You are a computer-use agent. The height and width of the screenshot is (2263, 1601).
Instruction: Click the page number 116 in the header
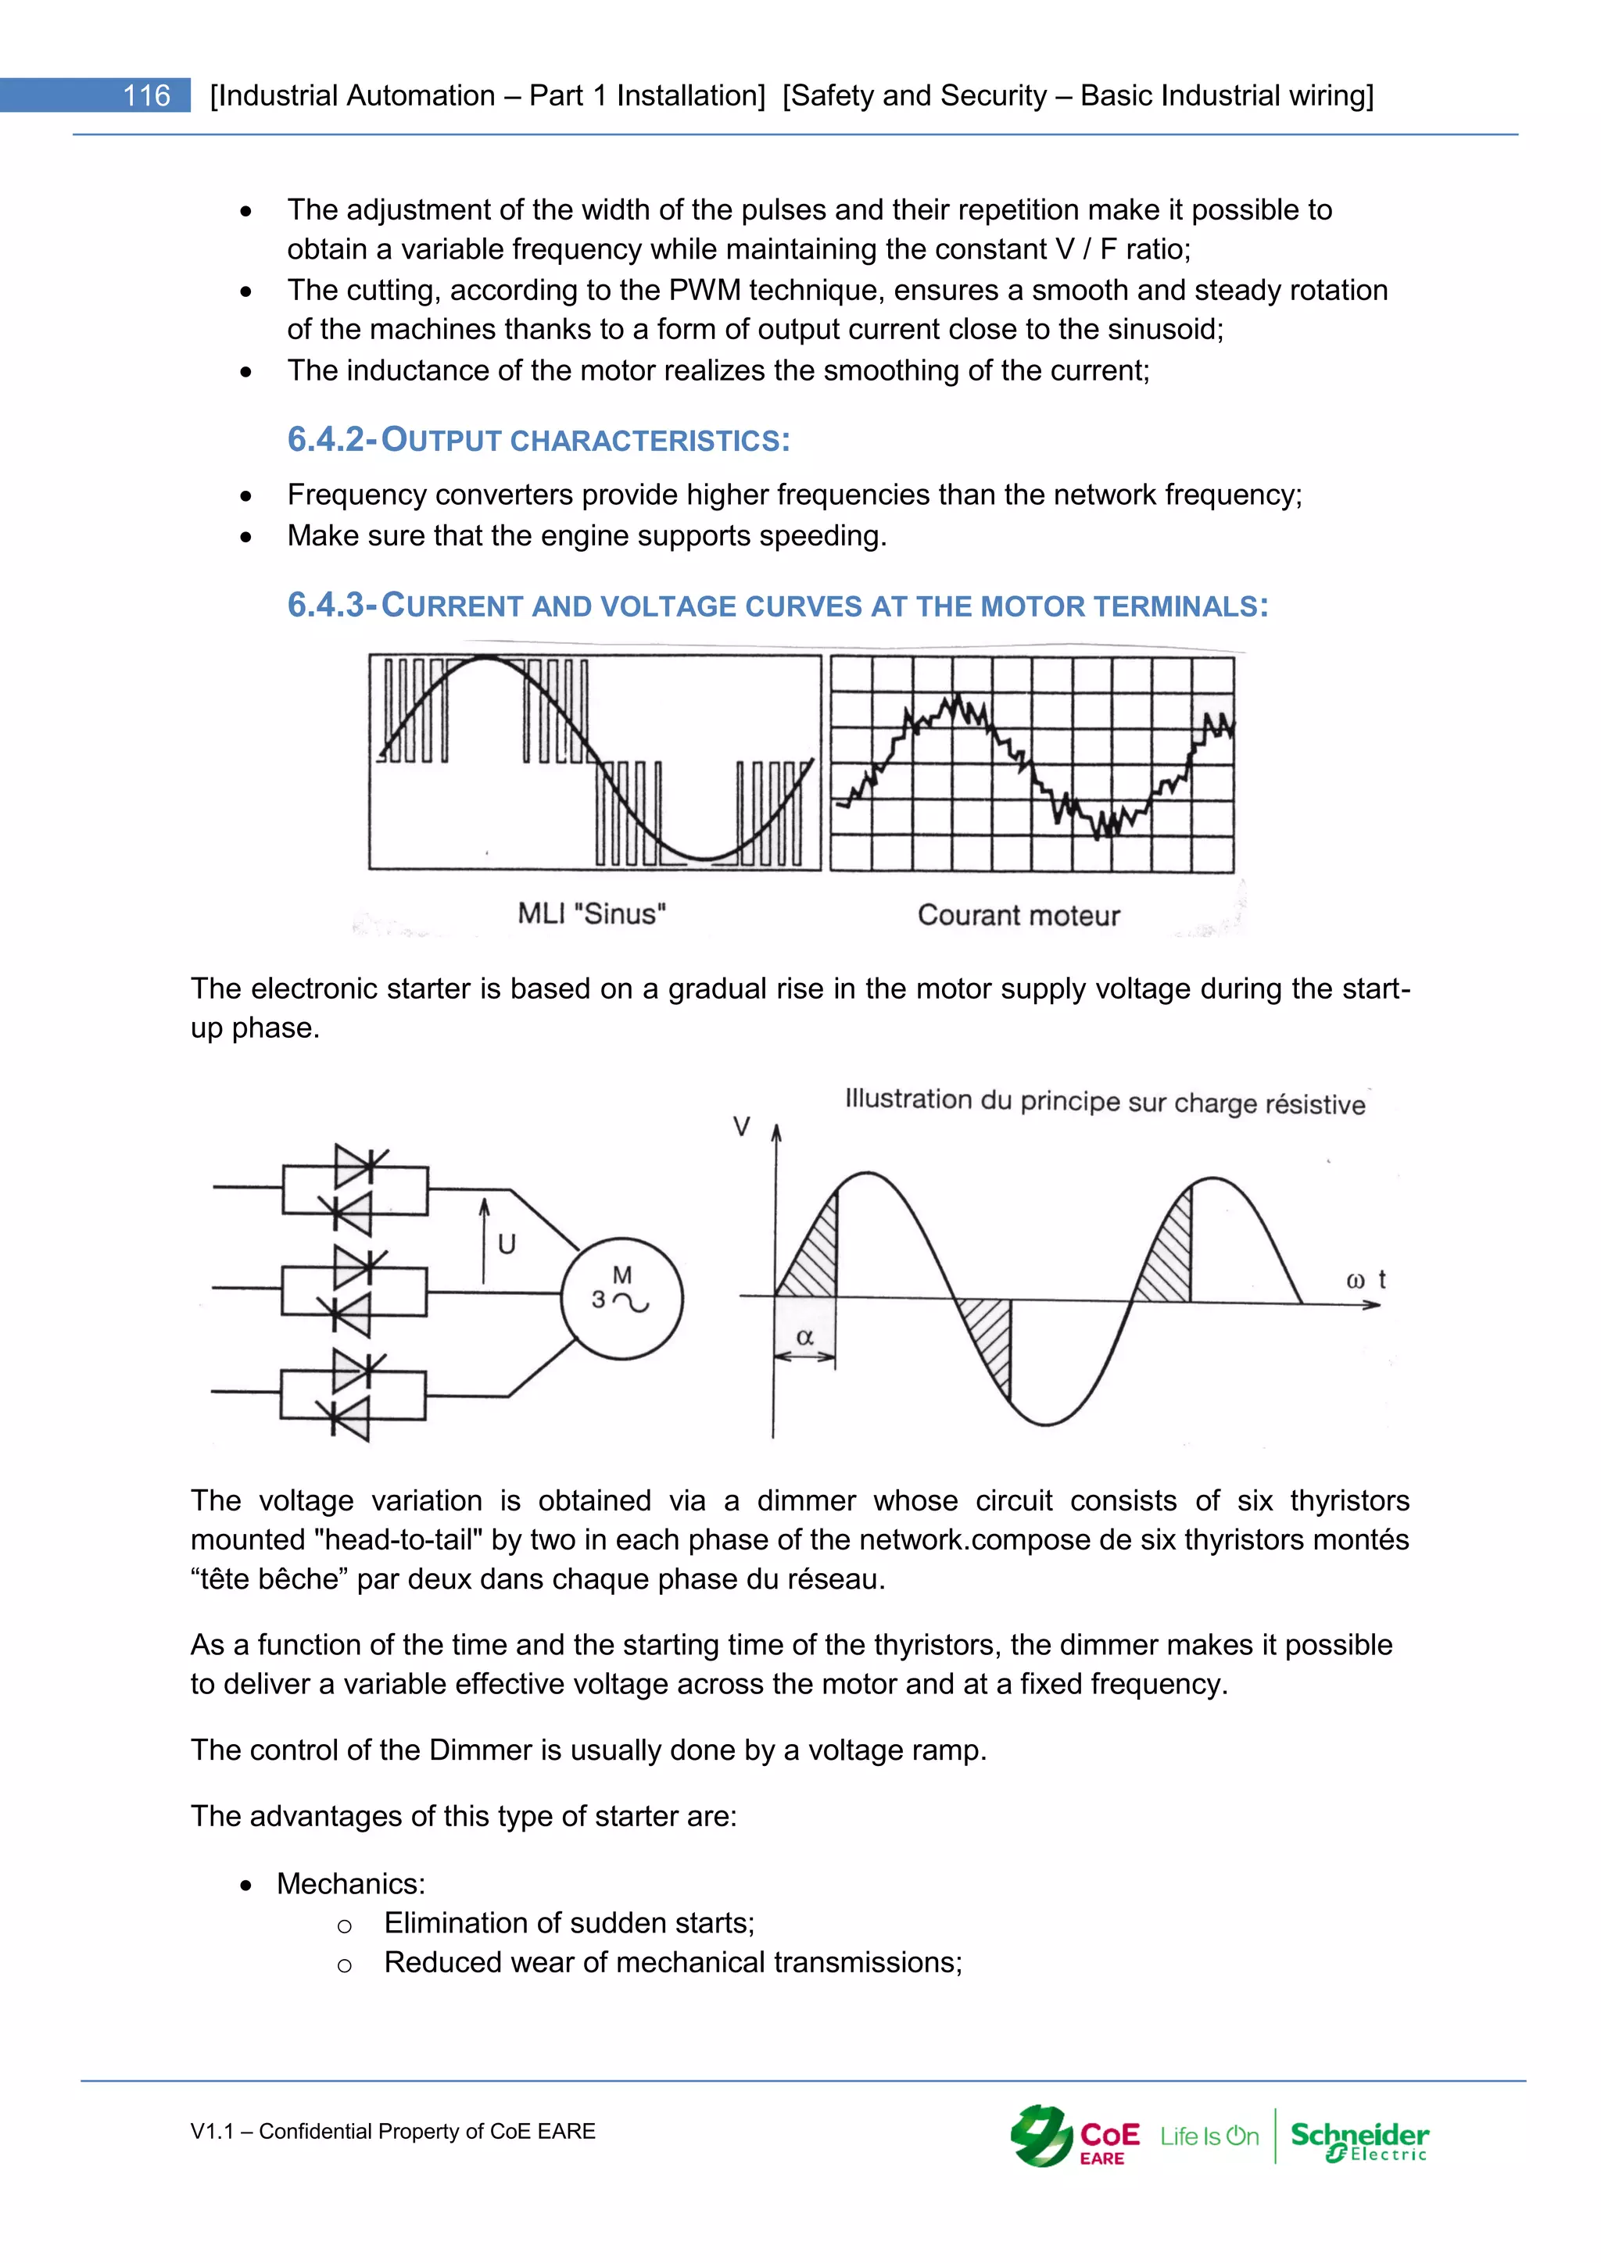click(146, 95)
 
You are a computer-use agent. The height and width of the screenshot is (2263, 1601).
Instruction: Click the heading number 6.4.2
click(326, 440)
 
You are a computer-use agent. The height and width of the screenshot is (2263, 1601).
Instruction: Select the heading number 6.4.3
click(326, 605)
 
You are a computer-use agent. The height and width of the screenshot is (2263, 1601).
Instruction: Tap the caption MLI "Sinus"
click(592, 913)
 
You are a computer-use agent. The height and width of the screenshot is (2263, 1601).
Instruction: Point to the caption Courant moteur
click(1019, 916)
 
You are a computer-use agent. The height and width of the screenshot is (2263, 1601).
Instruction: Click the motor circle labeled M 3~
click(622, 1298)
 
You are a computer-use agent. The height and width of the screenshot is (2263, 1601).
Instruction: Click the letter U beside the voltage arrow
click(507, 1245)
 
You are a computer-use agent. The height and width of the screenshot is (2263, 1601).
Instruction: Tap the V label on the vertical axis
click(741, 1127)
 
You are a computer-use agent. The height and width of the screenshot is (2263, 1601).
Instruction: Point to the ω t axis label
click(1366, 1280)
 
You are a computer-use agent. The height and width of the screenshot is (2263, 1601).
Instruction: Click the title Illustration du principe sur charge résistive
click(1104, 1102)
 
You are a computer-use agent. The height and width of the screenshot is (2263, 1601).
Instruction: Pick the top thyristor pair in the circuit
click(355, 1189)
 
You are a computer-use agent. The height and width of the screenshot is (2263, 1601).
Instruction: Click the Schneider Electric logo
click(1359, 2140)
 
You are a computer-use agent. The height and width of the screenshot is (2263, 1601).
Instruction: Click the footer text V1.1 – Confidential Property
click(392, 2131)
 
